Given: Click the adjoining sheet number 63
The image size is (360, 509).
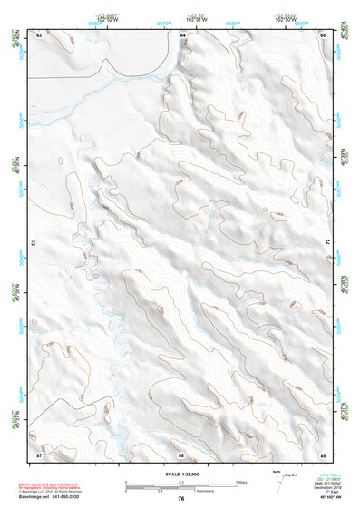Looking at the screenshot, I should [x=39, y=34].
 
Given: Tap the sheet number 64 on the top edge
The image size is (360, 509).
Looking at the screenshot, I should [x=181, y=34].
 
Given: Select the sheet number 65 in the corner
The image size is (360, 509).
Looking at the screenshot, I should [x=324, y=34].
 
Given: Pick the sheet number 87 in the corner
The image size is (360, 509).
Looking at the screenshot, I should [x=39, y=454].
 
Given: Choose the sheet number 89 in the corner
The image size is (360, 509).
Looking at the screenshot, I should [x=324, y=454].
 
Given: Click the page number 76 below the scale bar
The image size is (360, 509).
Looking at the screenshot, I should [x=181, y=498].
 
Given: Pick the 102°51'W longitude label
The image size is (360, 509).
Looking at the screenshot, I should [x=180, y=18].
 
